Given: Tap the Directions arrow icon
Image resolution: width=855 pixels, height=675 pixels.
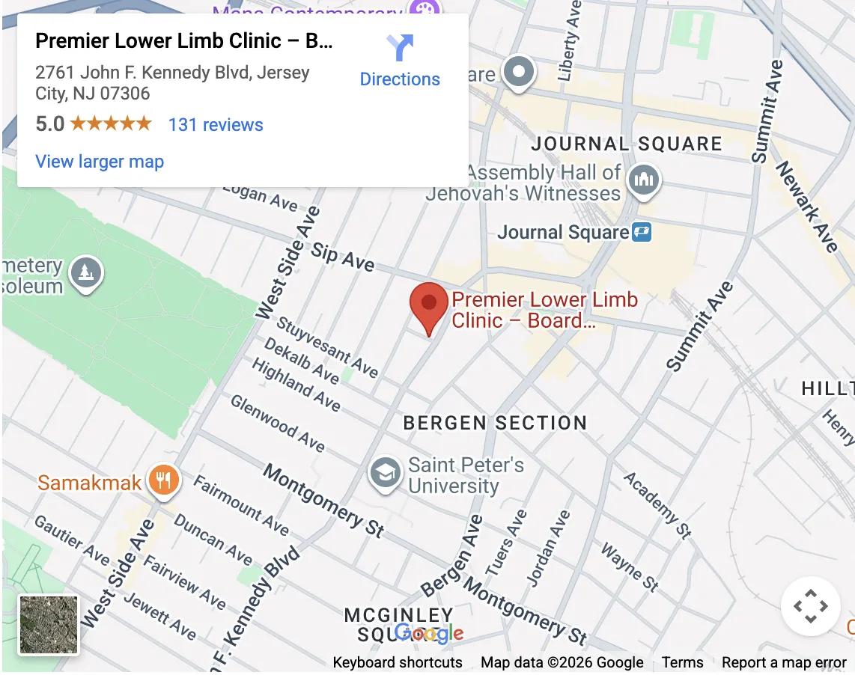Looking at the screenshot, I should pyautogui.click(x=400, y=49).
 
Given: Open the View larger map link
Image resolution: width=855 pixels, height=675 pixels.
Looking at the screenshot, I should pyautogui.click(x=100, y=162).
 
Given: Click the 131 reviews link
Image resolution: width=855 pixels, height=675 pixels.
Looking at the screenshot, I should pyautogui.click(x=216, y=124).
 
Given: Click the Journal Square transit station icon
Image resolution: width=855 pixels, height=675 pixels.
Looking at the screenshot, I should pyautogui.click(x=642, y=232).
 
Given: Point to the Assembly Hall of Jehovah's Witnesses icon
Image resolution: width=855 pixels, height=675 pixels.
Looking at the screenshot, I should pyautogui.click(x=644, y=180).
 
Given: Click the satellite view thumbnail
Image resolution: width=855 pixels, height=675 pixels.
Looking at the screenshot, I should pyautogui.click(x=49, y=625).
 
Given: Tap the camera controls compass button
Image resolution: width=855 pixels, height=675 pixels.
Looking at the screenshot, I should pyautogui.click(x=810, y=606).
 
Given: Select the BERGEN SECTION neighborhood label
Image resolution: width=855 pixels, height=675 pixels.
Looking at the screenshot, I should pyautogui.click(x=495, y=423).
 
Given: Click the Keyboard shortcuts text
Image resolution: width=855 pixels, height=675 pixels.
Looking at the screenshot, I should pyautogui.click(x=398, y=662).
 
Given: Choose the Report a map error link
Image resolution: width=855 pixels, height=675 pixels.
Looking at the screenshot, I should pyautogui.click(x=784, y=662).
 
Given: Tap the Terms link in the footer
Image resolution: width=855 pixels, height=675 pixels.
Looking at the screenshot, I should pyautogui.click(x=682, y=662).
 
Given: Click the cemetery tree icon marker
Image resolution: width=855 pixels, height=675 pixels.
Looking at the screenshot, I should pyautogui.click(x=87, y=273).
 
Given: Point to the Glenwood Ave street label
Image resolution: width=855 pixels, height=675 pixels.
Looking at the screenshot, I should pyautogui.click(x=278, y=424).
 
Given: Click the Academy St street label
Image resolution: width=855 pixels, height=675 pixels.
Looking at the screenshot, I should pyautogui.click(x=657, y=505).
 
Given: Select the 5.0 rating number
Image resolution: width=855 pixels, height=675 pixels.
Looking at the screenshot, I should pyautogui.click(x=49, y=124).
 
